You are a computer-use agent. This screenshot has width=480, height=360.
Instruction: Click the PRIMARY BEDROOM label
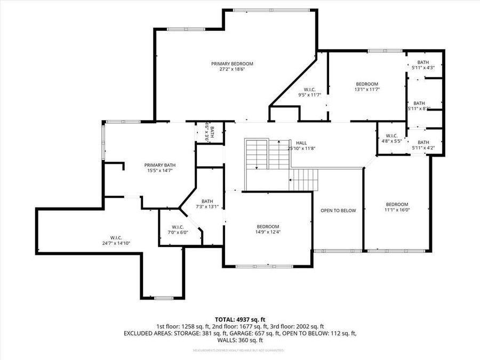click(232, 63)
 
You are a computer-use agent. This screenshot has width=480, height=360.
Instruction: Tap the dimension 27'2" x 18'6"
click(232, 69)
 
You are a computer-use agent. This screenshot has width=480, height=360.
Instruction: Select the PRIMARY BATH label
click(160, 165)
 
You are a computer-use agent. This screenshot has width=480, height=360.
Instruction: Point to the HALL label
click(301, 143)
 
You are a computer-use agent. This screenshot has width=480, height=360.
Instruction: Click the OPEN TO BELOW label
click(338, 211)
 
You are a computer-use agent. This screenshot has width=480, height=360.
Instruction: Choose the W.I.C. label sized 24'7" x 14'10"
click(116, 237)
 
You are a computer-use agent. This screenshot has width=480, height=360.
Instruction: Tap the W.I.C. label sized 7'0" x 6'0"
click(178, 227)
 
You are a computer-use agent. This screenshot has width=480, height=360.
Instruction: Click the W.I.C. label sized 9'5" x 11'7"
click(309, 89)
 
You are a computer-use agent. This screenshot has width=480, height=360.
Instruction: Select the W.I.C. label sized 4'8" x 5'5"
click(391, 135)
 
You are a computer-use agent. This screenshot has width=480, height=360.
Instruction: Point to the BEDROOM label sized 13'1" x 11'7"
click(367, 84)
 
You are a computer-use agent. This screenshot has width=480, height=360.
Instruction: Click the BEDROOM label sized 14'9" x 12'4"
click(268, 226)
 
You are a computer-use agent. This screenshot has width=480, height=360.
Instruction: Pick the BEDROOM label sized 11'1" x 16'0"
click(397, 204)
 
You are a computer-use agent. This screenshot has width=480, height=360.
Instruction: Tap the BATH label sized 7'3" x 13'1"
click(207, 201)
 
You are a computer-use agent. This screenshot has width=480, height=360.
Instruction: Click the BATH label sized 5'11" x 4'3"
click(422, 62)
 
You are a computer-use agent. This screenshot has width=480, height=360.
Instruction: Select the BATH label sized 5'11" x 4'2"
click(423, 142)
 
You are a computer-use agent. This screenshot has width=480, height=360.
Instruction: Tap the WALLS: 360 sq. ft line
click(239, 340)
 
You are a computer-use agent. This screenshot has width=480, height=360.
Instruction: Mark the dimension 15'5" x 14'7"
click(160, 171)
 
